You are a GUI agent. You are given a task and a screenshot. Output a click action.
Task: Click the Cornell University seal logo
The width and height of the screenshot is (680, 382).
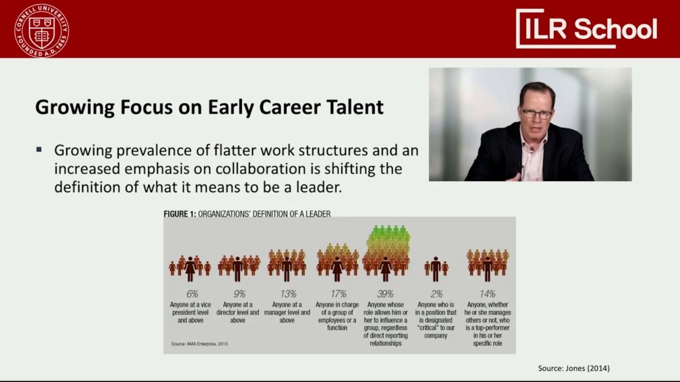[x=41, y=30]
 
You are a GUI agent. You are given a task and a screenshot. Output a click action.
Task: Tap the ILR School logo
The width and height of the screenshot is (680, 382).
[x=586, y=29]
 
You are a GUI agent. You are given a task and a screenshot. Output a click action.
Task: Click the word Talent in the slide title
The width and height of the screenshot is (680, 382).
[x=353, y=107]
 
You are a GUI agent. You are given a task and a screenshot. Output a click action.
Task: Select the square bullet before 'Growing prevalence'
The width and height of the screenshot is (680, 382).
[x=39, y=150]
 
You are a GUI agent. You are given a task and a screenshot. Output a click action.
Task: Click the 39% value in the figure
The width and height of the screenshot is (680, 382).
[x=385, y=294]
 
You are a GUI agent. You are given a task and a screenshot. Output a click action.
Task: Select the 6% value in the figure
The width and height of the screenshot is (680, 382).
[x=192, y=294]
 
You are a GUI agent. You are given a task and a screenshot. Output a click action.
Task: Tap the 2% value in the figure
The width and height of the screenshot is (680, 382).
[x=436, y=294]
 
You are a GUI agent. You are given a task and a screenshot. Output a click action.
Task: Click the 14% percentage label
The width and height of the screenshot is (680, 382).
[x=487, y=294]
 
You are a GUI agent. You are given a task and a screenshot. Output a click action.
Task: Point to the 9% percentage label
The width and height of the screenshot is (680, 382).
[x=239, y=294]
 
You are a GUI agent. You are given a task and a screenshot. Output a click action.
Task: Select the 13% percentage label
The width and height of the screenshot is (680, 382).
[x=287, y=294]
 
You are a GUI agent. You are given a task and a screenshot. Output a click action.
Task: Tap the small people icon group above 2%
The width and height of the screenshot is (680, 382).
[x=436, y=268]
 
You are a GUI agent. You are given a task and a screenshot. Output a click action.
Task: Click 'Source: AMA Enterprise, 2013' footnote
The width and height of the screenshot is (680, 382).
[x=199, y=344]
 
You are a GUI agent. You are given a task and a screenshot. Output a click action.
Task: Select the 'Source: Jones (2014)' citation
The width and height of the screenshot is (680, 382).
[x=574, y=368]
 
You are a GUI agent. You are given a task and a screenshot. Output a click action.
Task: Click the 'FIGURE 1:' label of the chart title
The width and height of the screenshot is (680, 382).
[x=180, y=214]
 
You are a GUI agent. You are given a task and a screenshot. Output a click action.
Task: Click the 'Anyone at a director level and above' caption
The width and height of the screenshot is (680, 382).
[x=237, y=312]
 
